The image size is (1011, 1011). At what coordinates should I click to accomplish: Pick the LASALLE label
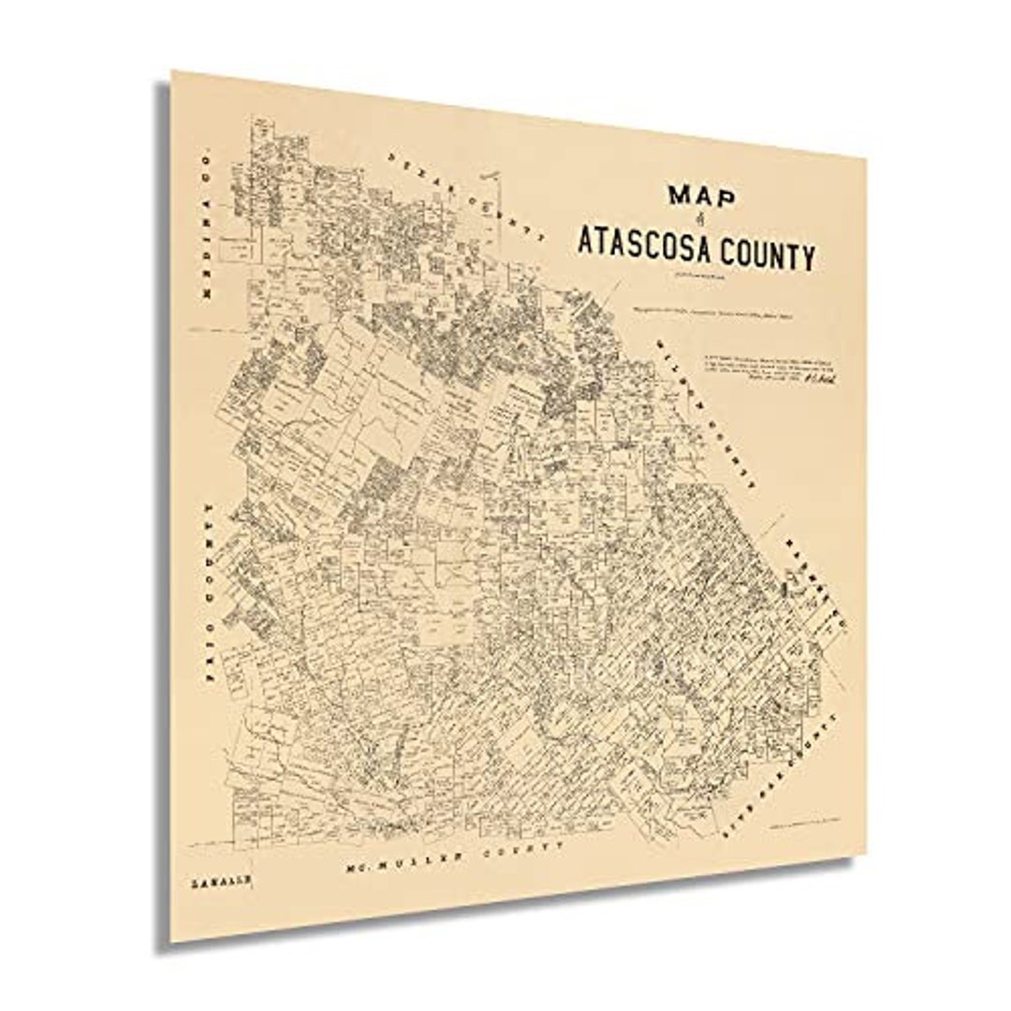[214, 882]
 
